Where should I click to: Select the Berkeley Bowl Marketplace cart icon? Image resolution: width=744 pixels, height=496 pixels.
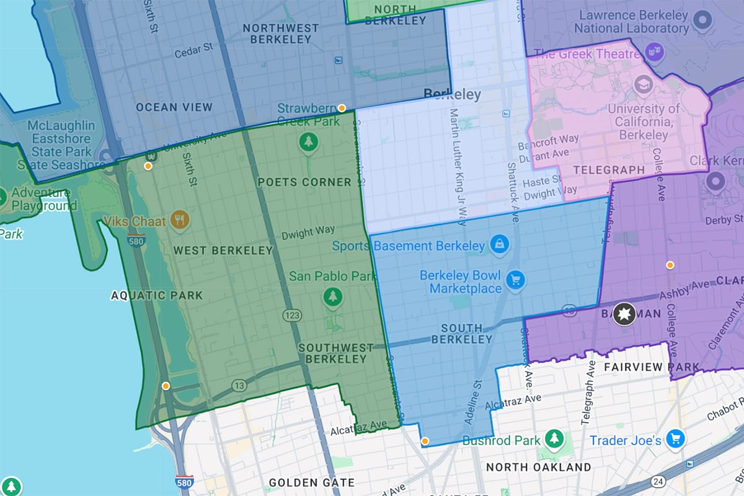[515, 281]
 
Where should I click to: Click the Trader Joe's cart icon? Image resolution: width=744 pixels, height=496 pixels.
[675, 440]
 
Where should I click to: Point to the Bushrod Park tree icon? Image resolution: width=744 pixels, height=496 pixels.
[554, 440]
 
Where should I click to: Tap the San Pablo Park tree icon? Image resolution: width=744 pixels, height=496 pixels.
[333, 297]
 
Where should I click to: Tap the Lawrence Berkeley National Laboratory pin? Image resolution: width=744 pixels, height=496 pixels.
[702, 22]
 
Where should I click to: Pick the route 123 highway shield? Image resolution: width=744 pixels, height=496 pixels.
[292, 316]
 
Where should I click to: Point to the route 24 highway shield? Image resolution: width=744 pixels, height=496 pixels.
[658, 481]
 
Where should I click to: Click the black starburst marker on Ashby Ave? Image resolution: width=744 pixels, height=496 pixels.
[624, 314]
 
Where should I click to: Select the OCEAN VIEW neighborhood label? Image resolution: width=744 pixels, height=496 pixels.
[174, 107]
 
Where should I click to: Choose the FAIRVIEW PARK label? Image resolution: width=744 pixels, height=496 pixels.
[651, 367]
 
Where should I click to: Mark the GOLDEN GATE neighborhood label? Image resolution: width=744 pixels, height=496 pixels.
[311, 482]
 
